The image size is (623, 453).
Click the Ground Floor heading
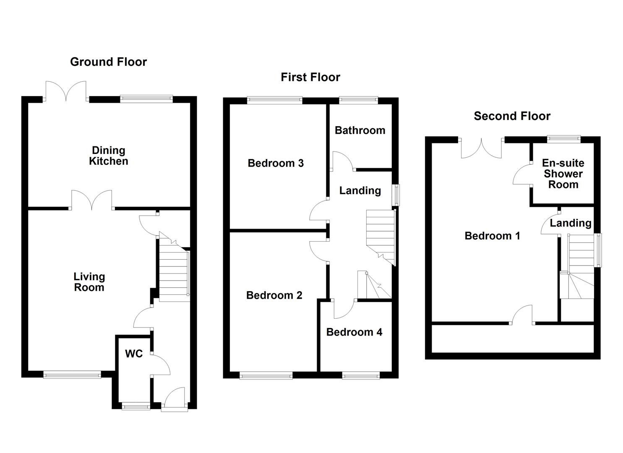click(108, 62)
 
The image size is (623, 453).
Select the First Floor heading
click(310, 77)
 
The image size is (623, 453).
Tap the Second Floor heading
click(512, 116)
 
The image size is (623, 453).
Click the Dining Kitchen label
click(108, 156)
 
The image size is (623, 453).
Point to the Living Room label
click(89, 282)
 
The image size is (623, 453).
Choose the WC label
click(134, 354)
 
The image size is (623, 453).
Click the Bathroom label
click(360, 130)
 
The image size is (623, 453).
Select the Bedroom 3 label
click(276, 163)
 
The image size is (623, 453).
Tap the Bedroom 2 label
click(274, 295)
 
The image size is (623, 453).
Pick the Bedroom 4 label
click(354, 332)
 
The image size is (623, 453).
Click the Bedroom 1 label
click(492, 236)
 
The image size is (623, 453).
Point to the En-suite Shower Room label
click(563, 174)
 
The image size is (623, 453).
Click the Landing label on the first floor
click(360, 190)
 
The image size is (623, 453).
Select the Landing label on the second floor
click(571, 223)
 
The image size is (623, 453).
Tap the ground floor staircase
click(174, 273)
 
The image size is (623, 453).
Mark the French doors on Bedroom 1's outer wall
click(481, 148)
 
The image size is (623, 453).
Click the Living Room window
click(72, 374)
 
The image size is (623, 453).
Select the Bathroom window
click(358, 100)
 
